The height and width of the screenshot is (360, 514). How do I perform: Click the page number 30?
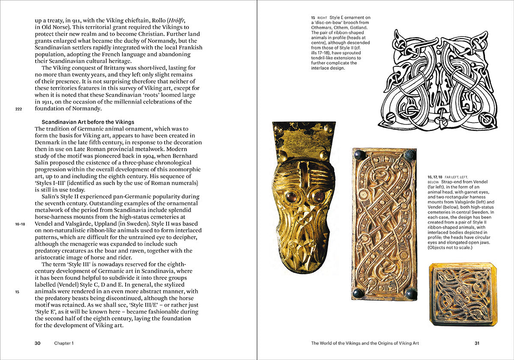tap(38, 343)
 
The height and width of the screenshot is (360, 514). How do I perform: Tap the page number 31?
tap(477, 343)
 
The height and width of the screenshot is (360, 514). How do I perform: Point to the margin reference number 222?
tap(18, 109)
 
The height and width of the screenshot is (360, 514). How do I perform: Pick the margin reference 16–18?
tap(20, 224)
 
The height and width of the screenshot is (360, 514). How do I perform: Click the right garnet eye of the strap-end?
tap(318, 196)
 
